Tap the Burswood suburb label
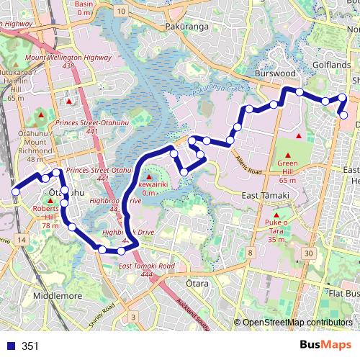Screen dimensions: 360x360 [x=277, y=73]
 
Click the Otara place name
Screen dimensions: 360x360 [x=196, y=284]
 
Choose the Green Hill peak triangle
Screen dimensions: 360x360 [x=288, y=156]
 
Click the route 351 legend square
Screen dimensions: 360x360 [x=10, y=346]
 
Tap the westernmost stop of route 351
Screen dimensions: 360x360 [x=15, y=192]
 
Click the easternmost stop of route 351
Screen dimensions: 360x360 [x=343, y=115]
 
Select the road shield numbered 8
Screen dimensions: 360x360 [x=250, y=253]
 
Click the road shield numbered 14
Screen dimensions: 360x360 [x=23, y=239]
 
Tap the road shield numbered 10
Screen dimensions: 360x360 [x=122, y=12]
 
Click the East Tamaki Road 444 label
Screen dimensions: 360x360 [x=145, y=270]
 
